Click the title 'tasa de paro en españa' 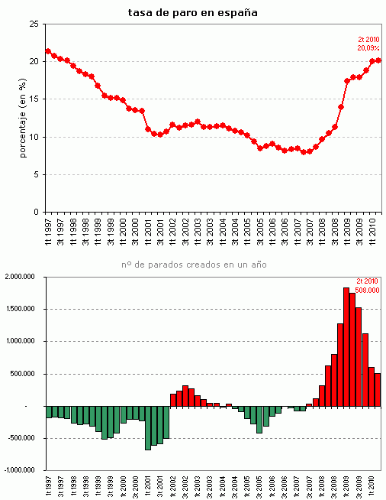coord(192,12)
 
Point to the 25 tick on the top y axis coord(34,24)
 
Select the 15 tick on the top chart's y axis coord(34,99)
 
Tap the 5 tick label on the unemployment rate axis coord(36,174)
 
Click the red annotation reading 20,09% coord(369,48)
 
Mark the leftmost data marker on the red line coord(48,51)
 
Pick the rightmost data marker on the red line coord(379,60)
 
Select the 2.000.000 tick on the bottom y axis coord(24,278)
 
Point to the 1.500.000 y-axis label coord(24,310)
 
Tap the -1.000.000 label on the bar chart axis coord(23,470)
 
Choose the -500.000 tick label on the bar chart coord(26,438)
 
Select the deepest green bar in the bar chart coord(148,427)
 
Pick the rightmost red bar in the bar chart coord(378,390)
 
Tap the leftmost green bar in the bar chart coord(49,411)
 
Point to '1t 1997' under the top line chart coord(49,229)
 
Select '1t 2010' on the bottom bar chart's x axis coord(372,486)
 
